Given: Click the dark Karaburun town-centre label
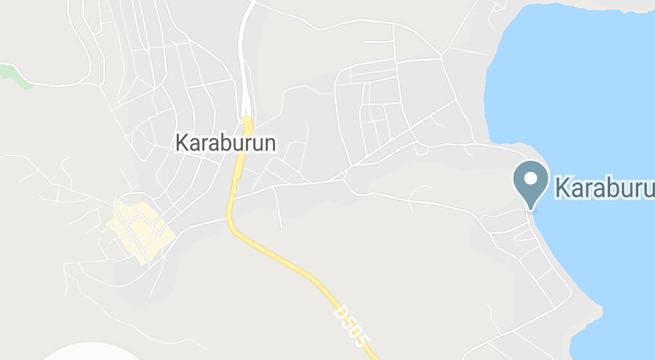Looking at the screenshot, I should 227,143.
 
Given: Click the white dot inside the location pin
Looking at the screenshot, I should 530,177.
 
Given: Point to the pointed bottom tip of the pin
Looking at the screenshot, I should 531,209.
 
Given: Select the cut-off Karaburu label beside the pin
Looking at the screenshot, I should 604,187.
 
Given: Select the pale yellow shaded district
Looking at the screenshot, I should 139,228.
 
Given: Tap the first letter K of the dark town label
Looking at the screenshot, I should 182,143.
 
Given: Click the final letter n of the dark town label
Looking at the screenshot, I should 272,144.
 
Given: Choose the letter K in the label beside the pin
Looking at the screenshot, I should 563,187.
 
